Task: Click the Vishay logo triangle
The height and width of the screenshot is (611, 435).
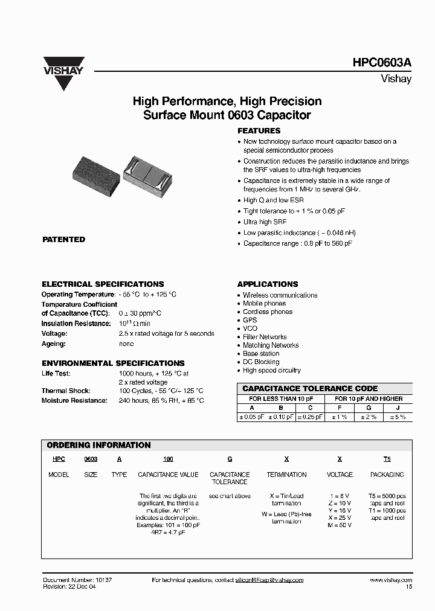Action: (x=63, y=75)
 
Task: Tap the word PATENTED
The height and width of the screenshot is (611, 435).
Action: (x=63, y=240)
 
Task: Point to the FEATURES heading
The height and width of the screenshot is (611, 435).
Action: (x=259, y=131)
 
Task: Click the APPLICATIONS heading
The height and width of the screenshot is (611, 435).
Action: (x=268, y=284)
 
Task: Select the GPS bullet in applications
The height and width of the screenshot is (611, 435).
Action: (x=250, y=320)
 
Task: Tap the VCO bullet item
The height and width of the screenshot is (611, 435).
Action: (x=250, y=328)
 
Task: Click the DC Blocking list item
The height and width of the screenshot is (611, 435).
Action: (x=261, y=362)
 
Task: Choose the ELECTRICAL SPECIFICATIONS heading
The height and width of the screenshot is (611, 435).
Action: (x=103, y=284)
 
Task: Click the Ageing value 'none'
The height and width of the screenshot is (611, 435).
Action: (x=126, y=344)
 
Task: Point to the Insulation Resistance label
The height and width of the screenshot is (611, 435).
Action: (x=74, y=324)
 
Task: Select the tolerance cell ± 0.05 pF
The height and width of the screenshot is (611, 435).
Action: (x=252, y=417)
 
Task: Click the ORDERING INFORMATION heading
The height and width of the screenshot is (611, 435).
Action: (x=98, y=445)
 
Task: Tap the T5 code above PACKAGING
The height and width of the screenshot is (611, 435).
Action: (x=387, y=459)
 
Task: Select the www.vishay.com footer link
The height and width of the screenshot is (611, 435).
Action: (x=390, y=580)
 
